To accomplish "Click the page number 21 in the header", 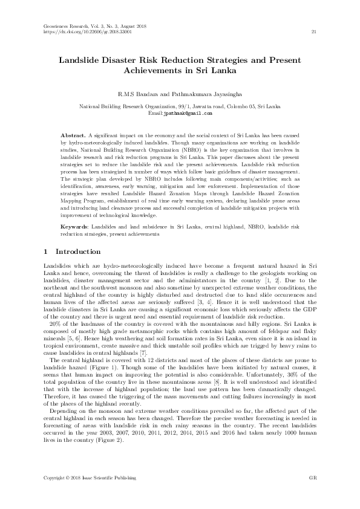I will point(312,31).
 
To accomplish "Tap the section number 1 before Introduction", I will point(47,251).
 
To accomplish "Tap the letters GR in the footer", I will point(311,478).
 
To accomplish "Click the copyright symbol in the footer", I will point(69,478).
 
